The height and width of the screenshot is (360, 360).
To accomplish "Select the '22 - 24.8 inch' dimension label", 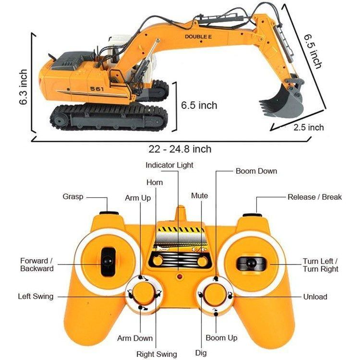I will (x=180, y=149).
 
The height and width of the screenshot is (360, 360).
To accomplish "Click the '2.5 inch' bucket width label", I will (x=309, y=127).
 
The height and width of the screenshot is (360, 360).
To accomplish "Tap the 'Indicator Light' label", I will (x=169, y=165).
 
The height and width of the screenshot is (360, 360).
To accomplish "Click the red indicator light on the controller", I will (x=179, y=278).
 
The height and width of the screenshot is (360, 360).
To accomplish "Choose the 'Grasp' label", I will (x=73, y=196).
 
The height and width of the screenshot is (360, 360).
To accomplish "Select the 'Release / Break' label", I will (x=314, y=197).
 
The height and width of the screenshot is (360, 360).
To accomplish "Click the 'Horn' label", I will (x=155, y=182).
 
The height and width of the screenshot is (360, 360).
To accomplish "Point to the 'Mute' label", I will (x=200, y=195).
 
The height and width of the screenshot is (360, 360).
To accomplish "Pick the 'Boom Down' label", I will (x=256, y=171).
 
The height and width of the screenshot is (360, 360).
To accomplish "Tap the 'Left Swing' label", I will (x=36, y=296).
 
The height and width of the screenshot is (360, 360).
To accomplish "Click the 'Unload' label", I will (x=315, y=297).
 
